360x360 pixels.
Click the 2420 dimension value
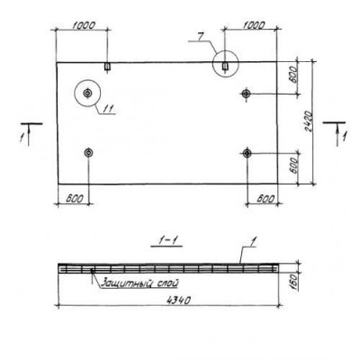point(308,121)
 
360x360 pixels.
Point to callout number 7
point(201,36)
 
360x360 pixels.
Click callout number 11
point(109,109)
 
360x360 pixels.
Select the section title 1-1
point(166,241)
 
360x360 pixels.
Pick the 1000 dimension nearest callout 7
point(254,25)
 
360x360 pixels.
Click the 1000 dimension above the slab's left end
point(84,25)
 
